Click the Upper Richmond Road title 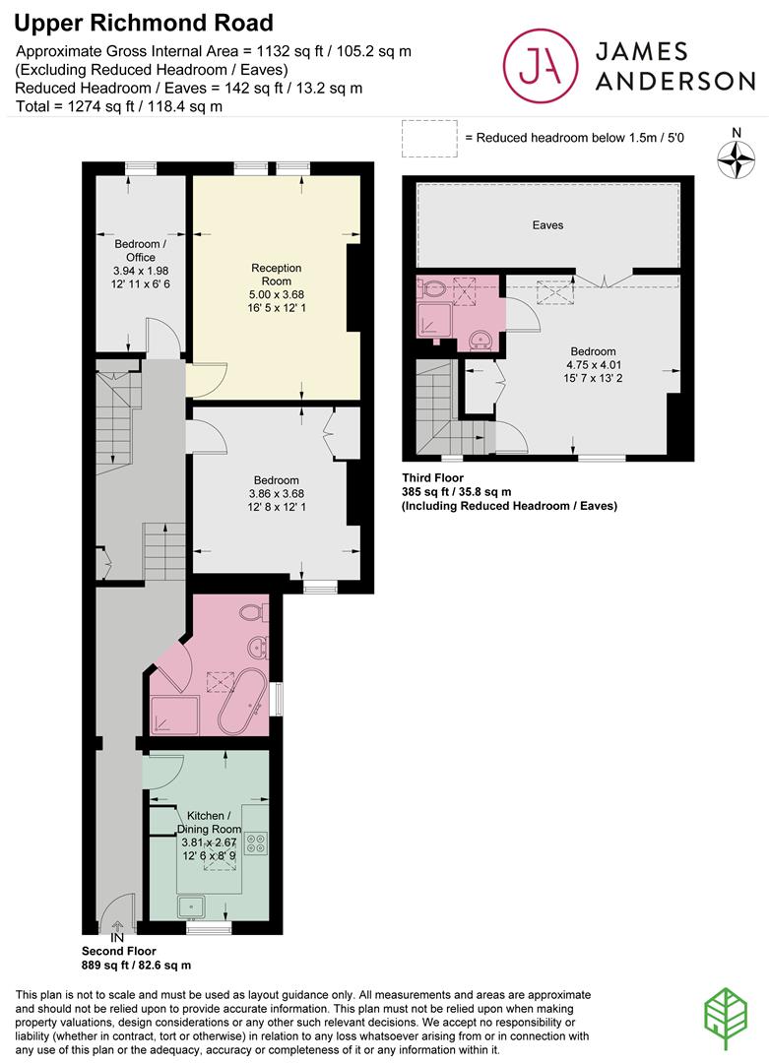[145, 23]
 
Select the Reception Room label [276, 275]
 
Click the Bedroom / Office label [140, 250]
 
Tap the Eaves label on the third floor [547, 225]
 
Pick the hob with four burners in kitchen [255, 842]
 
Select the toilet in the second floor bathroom [251, 614]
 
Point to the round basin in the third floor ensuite [481, 341]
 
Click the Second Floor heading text [119, 952]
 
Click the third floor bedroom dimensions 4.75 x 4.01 [592, 366]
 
